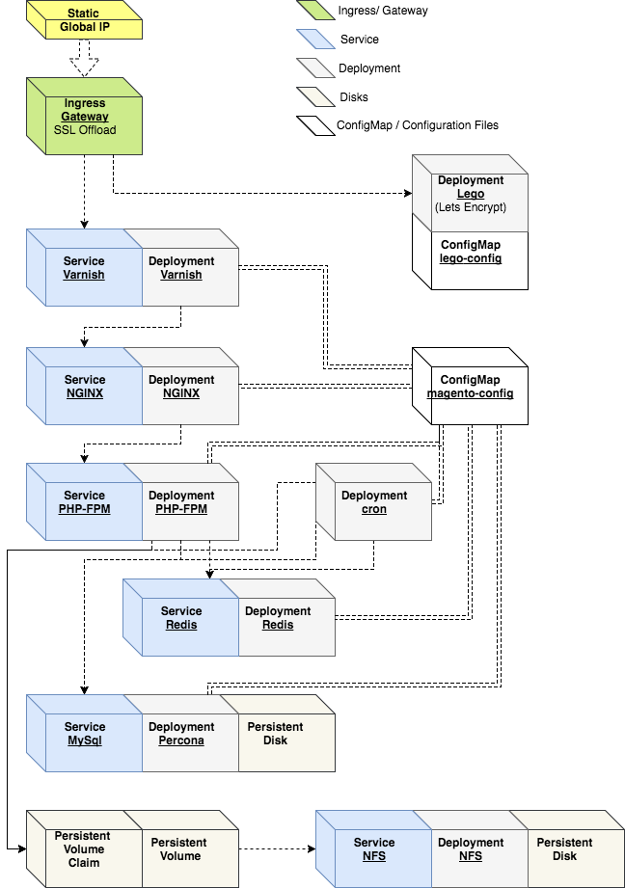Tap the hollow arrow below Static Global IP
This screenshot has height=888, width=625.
tap(85, 62)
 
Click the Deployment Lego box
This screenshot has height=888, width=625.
tap(471, 194)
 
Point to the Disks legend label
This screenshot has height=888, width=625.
tap(354, 97)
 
